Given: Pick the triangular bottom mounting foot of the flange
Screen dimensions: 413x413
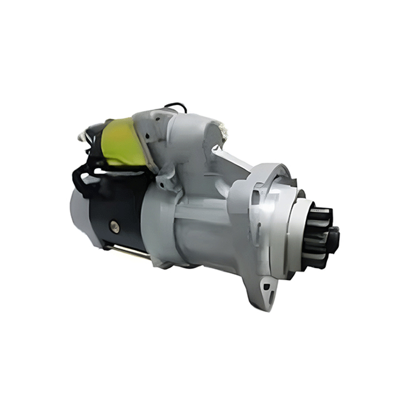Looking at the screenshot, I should (264, 292).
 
